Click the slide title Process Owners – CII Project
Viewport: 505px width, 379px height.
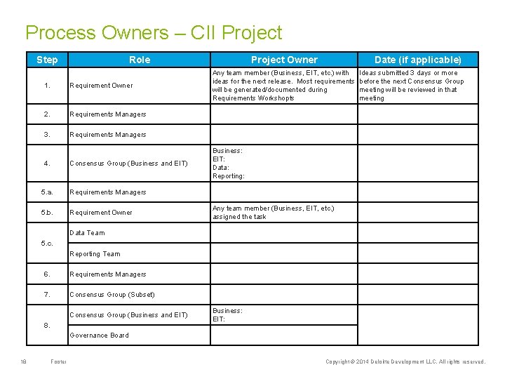[154, 33]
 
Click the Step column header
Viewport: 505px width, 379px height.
[47, 60]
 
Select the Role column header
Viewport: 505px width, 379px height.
[140, 60]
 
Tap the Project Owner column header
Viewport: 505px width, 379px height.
[284, 60]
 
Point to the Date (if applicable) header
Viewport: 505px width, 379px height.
[418, 60]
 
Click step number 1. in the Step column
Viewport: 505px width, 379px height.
[47, 86]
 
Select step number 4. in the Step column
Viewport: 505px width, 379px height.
[47, 164]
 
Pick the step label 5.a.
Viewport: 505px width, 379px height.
[47, 192]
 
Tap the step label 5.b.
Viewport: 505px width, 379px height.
[47, 212]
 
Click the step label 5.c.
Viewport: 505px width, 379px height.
[47, 243]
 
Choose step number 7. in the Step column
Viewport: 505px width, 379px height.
[47, 294]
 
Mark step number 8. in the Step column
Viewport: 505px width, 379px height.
[47, 325]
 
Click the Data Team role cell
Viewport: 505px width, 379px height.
[87, 233]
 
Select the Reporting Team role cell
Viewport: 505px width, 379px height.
[95, 254]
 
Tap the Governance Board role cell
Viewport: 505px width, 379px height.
[99, 335]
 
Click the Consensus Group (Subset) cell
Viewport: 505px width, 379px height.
[112, 294]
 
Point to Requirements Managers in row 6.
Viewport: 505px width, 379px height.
[107, 274]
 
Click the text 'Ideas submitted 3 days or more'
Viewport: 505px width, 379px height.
[408, 73]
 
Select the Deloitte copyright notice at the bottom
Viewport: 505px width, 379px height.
[405, 362]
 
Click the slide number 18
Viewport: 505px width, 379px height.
[23, 362]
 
